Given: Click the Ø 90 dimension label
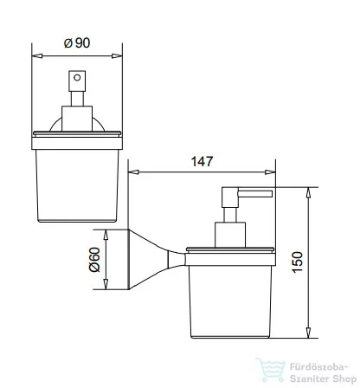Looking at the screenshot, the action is [x=77, y=43].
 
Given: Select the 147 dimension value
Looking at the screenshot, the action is [x=202, y=161].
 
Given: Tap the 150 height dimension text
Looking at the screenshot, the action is [x=298, y=262].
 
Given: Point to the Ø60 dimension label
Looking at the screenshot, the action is [x=94, y=260].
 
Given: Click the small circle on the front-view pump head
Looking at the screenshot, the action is [x=77, y=77].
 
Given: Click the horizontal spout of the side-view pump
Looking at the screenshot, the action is [x=255, y=194].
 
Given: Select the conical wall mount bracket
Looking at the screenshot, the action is [x=157, y=259].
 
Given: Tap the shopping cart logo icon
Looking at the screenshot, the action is [x=271, y=370].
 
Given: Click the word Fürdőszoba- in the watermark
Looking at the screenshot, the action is [x=318, y=367].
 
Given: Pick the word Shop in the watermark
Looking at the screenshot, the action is [x=344, y=378].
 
